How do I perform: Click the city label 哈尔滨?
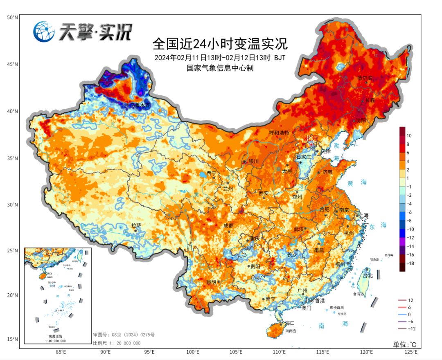tap(365, 78)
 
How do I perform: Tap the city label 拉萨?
tap(136, 225)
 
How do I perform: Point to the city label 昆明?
tap(211, 282)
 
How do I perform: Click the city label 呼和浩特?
tap(279, 133)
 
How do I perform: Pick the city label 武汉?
tap(299, 229)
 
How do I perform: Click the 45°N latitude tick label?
tap(12, 64)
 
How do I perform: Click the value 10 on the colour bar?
tap(409, 135)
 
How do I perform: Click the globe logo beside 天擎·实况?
tap(44, 32)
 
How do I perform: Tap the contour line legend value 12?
tap(411, 300)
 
